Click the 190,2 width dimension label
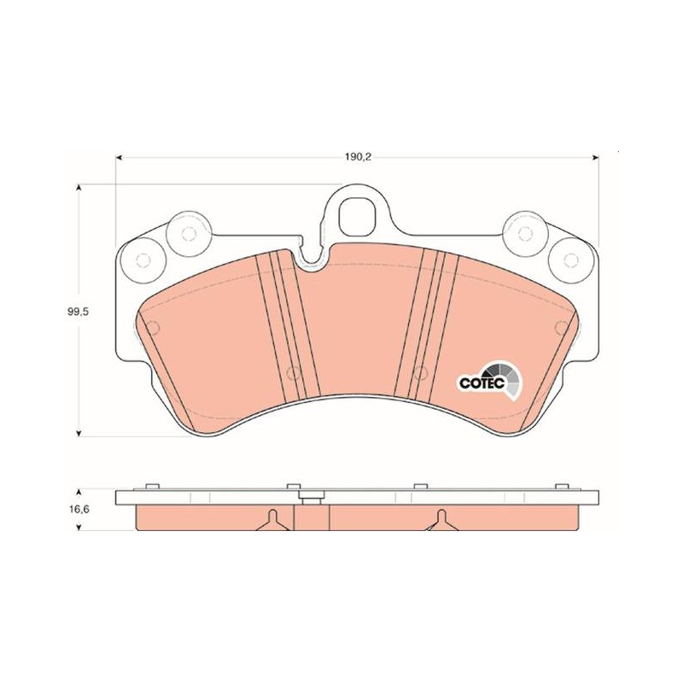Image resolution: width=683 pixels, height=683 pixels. click(358, 157)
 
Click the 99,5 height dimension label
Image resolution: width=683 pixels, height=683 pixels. click(78, 312)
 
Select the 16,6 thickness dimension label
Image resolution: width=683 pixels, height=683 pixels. click(78, 509)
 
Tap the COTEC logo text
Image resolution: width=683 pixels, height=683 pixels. click(482, 383)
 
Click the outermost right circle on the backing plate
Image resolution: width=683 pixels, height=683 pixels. click(570, 260)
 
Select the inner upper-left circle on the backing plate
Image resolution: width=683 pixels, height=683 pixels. click(189, 234)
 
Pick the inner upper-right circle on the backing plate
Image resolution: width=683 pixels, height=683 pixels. click(525, 234)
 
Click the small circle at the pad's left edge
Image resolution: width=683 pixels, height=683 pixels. click(153, 327)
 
